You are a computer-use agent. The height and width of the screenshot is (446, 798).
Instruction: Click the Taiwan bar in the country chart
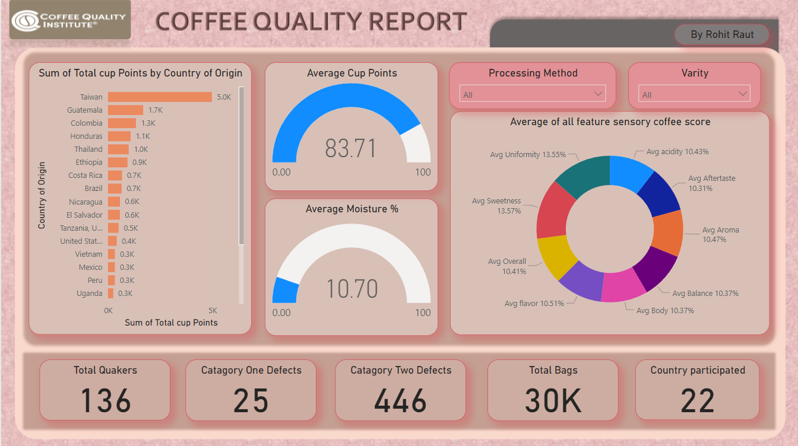click(160, 97)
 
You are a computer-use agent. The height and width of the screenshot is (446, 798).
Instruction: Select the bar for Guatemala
click(125, 110)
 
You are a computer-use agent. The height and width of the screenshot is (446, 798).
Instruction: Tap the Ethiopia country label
click(89, 162)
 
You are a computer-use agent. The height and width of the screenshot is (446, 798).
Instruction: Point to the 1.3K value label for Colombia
click(148, 123)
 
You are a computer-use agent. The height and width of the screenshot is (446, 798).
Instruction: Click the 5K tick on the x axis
click(213, 310)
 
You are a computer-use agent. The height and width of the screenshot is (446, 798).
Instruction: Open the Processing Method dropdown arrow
click(598, 94)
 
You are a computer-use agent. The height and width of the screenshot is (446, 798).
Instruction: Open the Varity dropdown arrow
click(742, 94)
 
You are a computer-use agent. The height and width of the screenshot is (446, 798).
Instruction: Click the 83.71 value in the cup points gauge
click(351, 148)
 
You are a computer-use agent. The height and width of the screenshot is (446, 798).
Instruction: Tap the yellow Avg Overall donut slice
click(555, 256)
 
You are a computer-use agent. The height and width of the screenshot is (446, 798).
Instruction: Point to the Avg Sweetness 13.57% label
click(496, 206)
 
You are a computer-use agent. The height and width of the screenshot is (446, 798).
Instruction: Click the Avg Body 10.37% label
click(665, 310)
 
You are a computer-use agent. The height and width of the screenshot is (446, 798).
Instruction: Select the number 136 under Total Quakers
click(105, 400)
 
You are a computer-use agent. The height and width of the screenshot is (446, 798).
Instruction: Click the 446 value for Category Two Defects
click(400, 400)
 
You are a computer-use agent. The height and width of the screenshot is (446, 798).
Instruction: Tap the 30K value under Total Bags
click(553, 400)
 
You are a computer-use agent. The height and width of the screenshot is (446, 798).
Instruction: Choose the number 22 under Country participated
click(697, 400)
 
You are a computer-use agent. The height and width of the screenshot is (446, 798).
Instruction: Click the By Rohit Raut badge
click(722, 34)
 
